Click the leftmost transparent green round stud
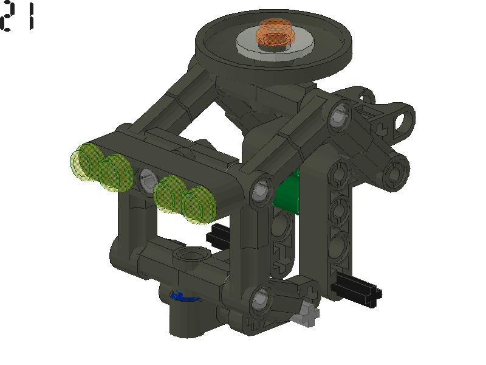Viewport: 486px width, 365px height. [85, 163]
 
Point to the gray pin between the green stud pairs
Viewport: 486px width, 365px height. [146, 179]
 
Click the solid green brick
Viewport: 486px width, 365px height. [289, 193]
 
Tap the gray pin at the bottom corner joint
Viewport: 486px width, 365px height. [259, 298]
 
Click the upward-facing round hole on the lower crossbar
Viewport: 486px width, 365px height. [185, 253]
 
